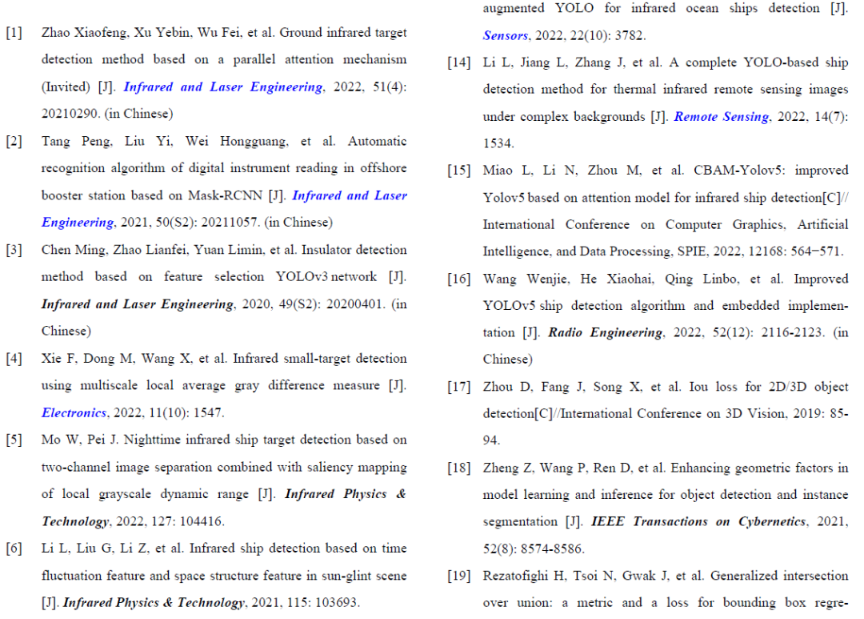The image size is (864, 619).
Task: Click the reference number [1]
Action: tap(14, 33)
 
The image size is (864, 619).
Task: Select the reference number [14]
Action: tap(458, 63)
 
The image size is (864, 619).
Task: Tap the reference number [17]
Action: tap(458, 387)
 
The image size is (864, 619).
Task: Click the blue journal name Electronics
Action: tap(74, 413)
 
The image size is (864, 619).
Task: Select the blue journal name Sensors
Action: tap(506, 36)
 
